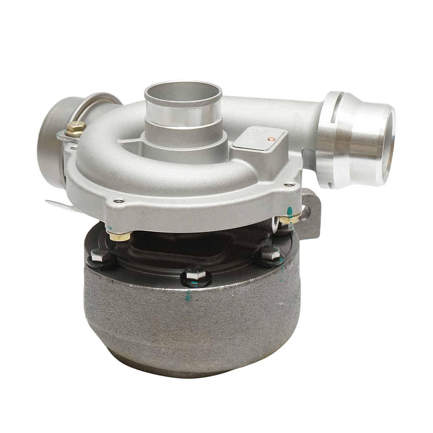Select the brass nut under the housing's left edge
pos(119,236)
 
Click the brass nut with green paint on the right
pos(290,218)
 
